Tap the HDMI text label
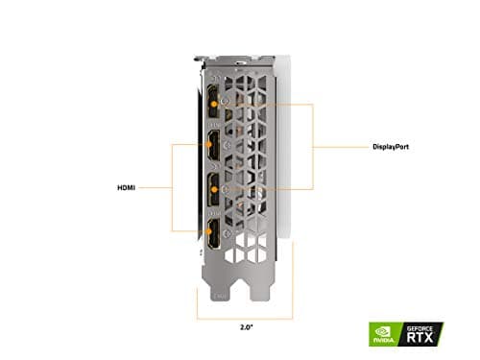coord(127,188)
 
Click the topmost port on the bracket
coord(210,103)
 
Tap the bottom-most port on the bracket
coord(210,230)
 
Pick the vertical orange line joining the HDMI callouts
coord(172,188)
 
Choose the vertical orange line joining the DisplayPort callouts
coord(314,146)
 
